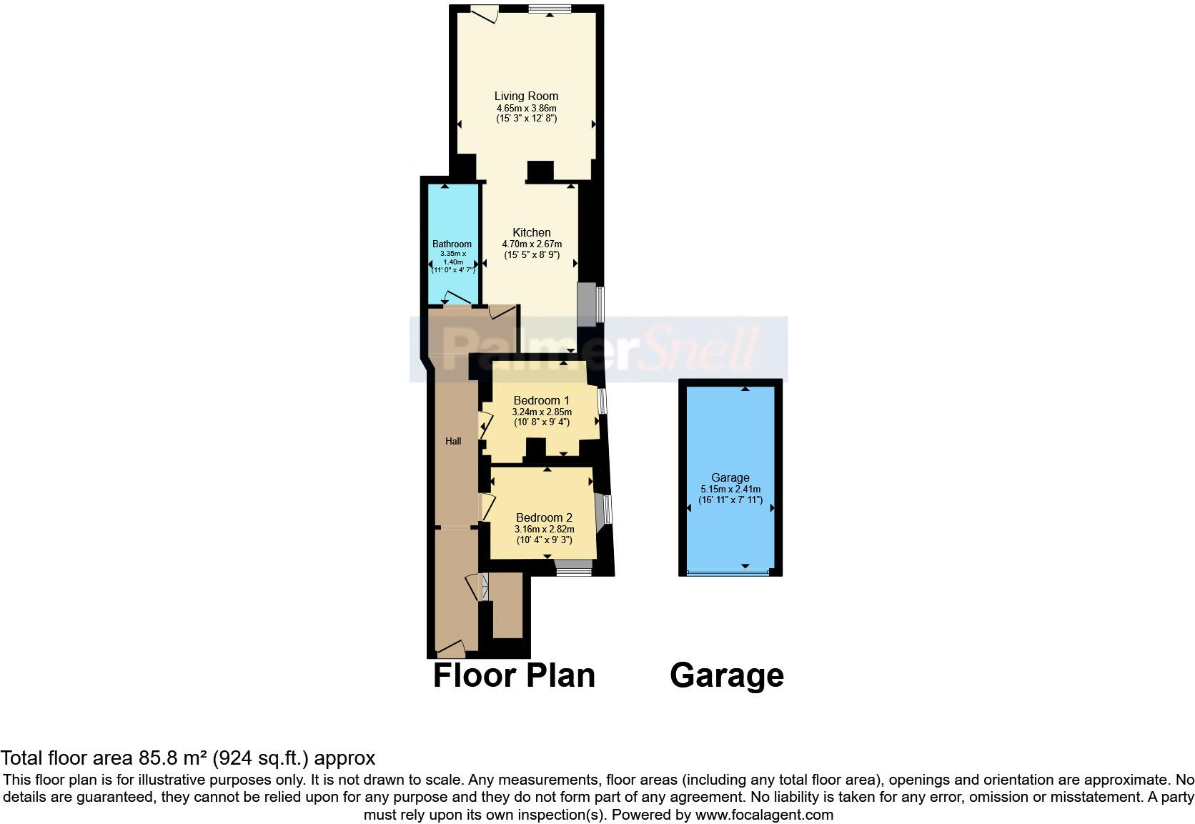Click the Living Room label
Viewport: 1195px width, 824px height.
coord(526,96)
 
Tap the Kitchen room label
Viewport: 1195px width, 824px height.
coord(532,232)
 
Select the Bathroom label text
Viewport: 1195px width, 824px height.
coord(452,244)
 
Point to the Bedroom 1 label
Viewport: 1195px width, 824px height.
coord(541,400)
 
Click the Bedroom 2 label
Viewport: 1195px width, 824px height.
coord(544,517)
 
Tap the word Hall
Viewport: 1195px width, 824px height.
coord(453,441)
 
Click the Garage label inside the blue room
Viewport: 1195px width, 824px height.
coord(730,477)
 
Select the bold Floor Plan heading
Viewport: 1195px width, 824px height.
coord(514,675)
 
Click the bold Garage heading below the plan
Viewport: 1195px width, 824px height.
coord(726,675)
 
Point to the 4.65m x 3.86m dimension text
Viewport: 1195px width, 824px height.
coord(526,108)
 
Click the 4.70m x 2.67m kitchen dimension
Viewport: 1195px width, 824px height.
coord(532,244)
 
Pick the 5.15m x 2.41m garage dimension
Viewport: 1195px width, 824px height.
coord(730,490)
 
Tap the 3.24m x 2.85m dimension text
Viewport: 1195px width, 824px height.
coord(541,412)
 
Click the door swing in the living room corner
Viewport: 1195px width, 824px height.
coord(485,14)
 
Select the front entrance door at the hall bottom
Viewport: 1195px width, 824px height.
coord(451,648)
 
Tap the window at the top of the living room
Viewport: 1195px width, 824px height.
coord(550,9)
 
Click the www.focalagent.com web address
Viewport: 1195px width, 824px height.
coord(763,815)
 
